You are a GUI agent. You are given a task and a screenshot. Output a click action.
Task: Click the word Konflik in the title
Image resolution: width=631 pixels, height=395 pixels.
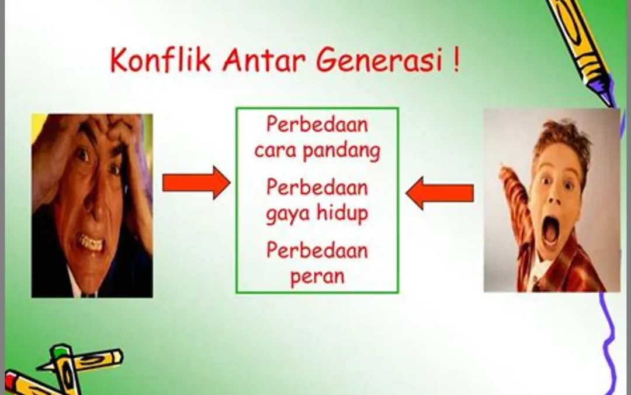pos(160,60)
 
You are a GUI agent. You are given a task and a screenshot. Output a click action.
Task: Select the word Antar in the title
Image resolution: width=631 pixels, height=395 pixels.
pos(263,60)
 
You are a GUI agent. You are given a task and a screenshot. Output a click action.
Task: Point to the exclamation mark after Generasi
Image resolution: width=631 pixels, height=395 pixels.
pos(456,60)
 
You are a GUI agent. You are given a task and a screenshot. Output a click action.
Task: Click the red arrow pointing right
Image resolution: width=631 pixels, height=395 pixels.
pos(196,183)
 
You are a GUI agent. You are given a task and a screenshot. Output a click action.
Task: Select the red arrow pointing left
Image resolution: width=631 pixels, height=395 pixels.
pos(440,193)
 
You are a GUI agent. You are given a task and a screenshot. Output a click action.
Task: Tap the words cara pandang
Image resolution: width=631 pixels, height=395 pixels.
pos(317,151)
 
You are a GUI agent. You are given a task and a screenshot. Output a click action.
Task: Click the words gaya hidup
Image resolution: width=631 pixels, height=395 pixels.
pos(317,214)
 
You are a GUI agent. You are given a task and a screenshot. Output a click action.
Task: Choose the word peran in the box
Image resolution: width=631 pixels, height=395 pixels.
pos(317,277)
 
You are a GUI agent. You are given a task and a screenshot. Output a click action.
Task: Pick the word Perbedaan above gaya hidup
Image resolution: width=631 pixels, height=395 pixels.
pos(317,187)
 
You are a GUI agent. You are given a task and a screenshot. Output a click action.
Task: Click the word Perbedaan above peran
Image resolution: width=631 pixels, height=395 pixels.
pos(317,250)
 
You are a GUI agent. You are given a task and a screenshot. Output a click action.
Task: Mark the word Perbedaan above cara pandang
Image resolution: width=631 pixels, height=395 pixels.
pos(317,124)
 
